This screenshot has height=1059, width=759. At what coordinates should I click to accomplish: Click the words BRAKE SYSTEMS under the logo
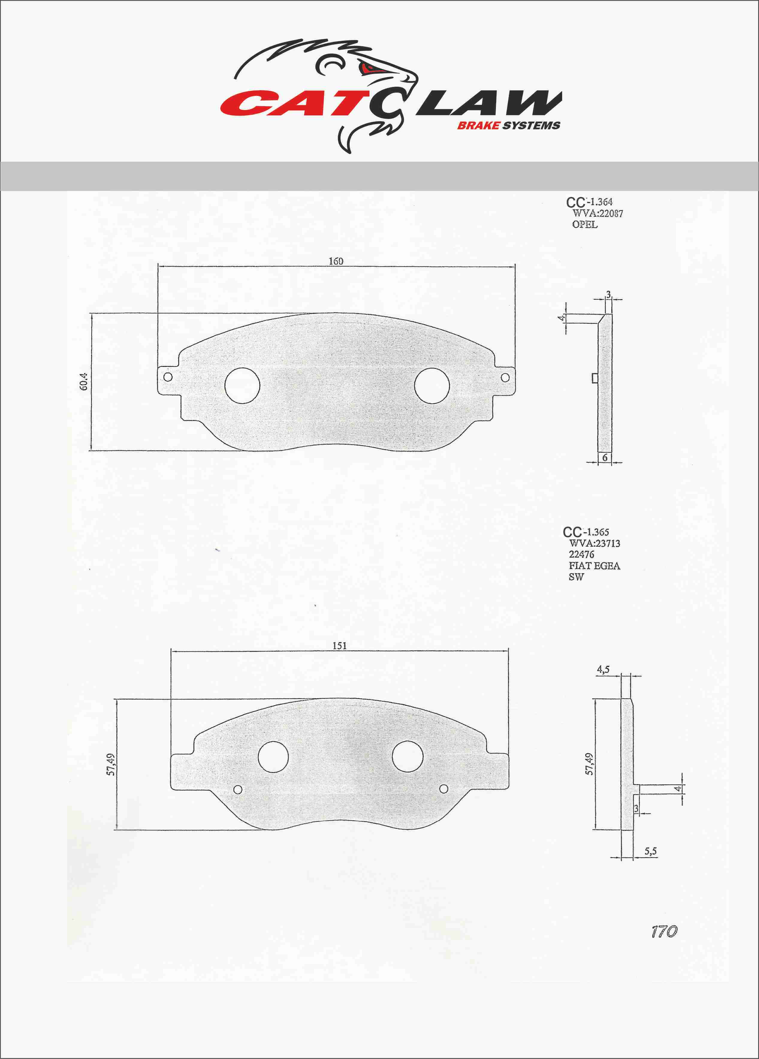pos(509,125)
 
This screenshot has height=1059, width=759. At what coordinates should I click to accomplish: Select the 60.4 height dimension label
pos(84,382)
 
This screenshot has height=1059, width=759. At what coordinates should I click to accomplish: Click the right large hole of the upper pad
pos(432,386)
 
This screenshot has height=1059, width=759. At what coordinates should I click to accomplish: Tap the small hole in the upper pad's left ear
pos(168,377)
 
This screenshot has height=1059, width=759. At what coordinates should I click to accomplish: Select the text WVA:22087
pos(597,213)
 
